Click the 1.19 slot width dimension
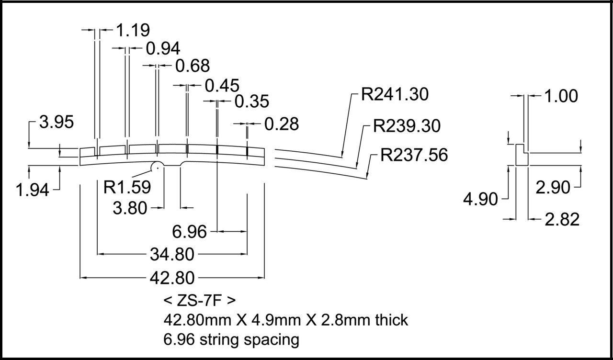(133, 30)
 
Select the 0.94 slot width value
(163, 48)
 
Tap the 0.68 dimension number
(193, 66)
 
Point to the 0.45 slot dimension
(222, 85)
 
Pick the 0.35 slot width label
(252, 101)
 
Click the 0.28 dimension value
(282, 124)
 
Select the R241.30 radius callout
(395, 94)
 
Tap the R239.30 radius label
(407, 126)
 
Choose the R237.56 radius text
(414, 155)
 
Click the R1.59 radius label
(127, 187)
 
